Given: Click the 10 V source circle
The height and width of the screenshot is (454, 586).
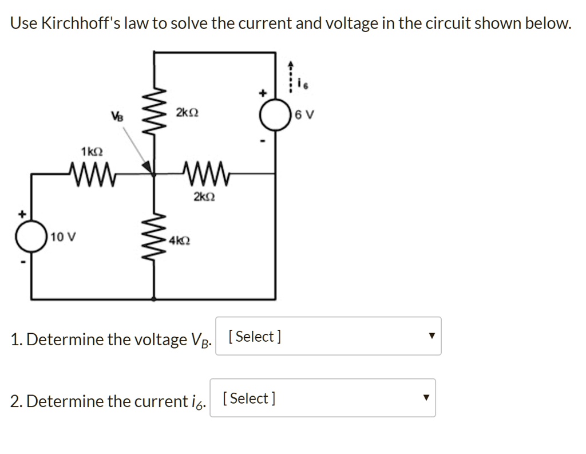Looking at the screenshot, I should pyautogui.click(x=31, y=236).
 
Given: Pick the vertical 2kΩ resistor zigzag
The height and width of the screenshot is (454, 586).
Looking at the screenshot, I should pyautogui.click(x=153, y=111).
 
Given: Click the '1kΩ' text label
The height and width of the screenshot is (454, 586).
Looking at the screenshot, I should pyautogui.click(x=92, y=152).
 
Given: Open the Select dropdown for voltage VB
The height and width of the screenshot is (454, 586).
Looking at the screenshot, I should pyautogui.click(x=328, y=336).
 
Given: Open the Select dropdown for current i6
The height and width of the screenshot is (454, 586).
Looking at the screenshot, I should pyautogui.click(x=322, y=398).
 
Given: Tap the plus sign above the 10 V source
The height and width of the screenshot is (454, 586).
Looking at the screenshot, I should pyautogui.click(x=23, y=214).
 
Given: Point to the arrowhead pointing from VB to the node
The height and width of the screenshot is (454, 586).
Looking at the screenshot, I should pyautogui.click(x=147, y=167).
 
